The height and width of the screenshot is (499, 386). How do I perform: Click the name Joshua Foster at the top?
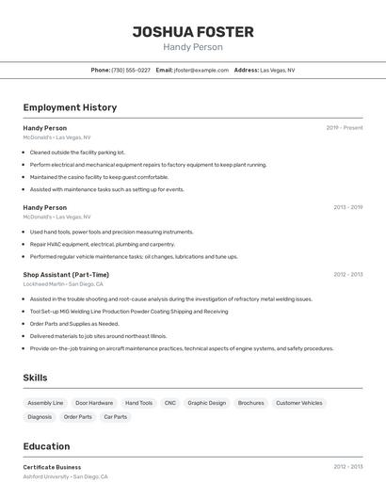193,31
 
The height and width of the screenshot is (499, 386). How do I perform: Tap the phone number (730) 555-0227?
131,70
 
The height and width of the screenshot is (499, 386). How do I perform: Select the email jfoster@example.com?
201,70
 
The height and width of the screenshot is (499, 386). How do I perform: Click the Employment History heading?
70,107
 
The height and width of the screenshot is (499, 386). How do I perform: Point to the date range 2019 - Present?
345,127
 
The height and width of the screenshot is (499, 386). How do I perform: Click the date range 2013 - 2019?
347,207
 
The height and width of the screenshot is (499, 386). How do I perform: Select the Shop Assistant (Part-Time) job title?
66,275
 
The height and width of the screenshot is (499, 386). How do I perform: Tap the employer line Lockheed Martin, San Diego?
63,284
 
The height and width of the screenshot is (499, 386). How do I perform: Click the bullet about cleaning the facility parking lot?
77,152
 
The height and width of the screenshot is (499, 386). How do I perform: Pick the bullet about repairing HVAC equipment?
102,244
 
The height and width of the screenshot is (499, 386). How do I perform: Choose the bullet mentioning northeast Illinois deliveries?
98,335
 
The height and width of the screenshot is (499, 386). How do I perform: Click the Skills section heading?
36,378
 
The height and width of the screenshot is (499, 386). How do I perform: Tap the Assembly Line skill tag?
45,403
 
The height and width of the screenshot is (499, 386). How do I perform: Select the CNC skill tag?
170,403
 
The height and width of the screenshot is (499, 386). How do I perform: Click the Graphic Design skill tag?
207,403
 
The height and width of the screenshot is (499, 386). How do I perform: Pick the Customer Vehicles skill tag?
299,403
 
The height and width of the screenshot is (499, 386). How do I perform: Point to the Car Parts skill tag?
115,416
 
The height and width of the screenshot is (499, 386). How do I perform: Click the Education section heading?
46,446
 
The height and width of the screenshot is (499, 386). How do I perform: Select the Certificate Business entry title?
52,467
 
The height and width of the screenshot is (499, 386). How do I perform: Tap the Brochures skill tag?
250,403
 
